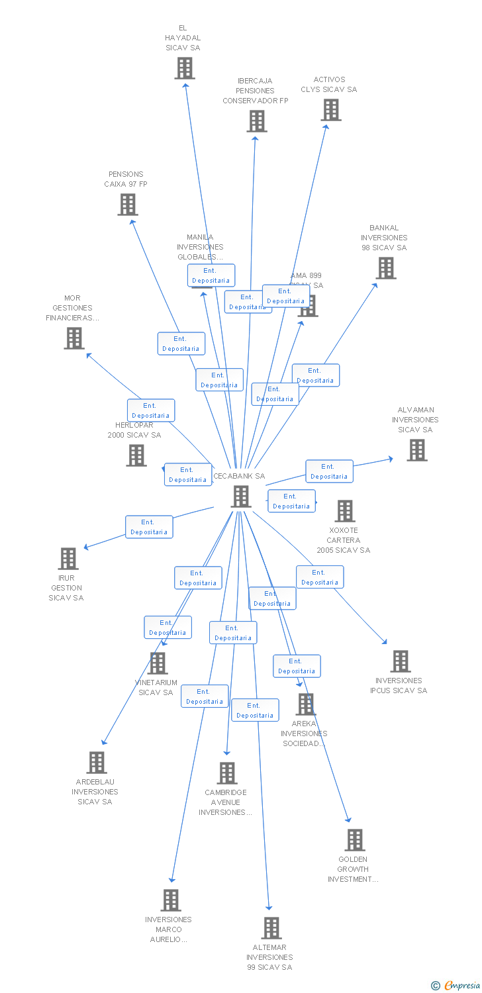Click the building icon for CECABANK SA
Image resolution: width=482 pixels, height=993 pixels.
click(x=241, y=496)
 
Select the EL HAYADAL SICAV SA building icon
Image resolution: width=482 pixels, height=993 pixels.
click(x=185, y=68)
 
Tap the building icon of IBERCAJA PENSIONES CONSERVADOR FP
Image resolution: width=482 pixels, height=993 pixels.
click(x=257, y=121)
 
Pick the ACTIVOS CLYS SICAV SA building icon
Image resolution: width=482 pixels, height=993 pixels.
click(x=331, y=110)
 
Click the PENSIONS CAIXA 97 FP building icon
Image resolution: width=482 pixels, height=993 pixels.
click(x=128, y=205)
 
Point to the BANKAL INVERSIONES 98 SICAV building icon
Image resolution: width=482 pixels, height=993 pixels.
click(x=386, y=268)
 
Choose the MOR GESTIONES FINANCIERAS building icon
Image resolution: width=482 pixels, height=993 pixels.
click(x=74, y=338)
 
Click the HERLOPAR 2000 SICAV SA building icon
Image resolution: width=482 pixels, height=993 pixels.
click(x=136, y=455)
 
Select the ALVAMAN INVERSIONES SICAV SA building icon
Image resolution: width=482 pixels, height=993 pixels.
click(x=416, y=450)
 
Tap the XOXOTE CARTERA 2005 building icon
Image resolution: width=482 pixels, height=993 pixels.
click(x=344, y=511)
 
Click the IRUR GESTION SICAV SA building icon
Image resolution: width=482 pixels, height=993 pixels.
click(x=68, y=559)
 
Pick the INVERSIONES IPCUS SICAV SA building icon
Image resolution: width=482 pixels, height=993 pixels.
click(x=400, y=661)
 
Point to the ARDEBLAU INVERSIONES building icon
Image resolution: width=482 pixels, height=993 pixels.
click(x=97, y=763)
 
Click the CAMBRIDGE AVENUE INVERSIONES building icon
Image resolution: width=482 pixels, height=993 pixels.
click(x=227, y=773)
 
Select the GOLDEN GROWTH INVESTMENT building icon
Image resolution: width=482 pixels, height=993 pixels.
click(x=355, y=840)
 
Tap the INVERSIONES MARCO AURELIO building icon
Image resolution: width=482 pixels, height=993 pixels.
click(x=171, y=900)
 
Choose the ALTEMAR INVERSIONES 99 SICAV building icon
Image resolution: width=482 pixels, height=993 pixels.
click(x=271, y=928)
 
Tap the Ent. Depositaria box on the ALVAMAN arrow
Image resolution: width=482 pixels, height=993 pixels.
click(x=329, y=471)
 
